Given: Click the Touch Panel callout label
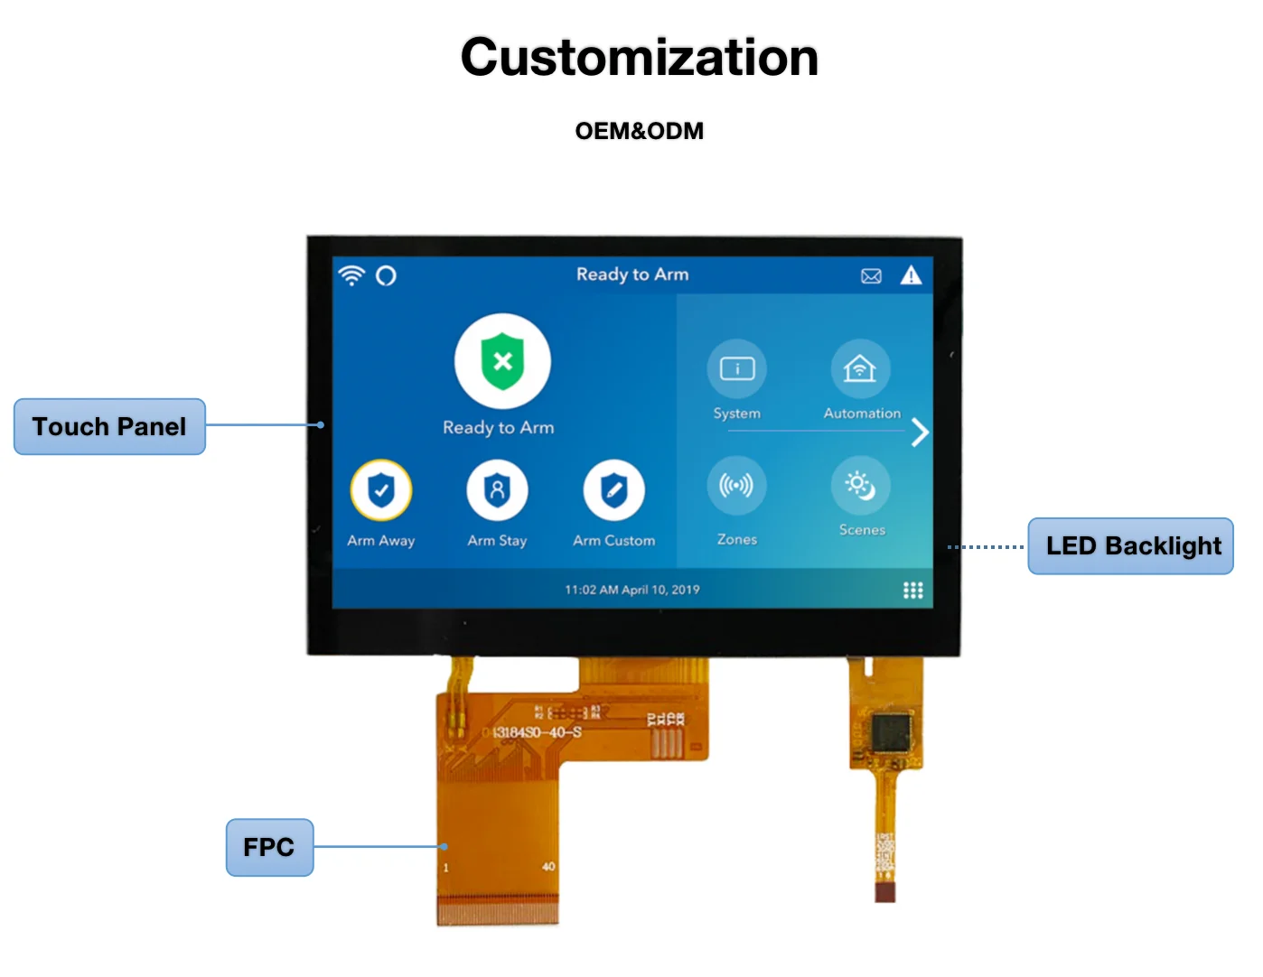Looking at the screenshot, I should [x=109, y=426].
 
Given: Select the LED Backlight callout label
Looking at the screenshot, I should [x=1131, y=546].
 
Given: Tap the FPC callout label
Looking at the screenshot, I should [x=269, y=847].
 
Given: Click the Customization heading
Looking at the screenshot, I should [x=639, y=58].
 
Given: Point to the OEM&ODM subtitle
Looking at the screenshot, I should [x=639, y=131].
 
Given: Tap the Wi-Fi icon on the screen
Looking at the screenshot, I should [x=351, y=275].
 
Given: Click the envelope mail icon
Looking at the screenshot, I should [x=871, y=276].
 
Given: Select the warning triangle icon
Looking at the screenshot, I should [x=911, y=275].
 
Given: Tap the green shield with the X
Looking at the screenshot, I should [x=502, y=361].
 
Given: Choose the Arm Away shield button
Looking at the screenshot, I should [x=381, y=490].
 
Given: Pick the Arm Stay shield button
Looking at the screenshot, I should [x=497, y=490].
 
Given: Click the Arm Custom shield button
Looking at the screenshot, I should [x=613, y=490].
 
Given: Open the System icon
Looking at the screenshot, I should [x=737, y=368].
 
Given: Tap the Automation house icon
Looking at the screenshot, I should [x=860, y=368].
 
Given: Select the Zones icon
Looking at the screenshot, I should [x=736, y=486].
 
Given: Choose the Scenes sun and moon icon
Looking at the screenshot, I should [x=860, y=486].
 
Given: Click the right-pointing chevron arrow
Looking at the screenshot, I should [x=920, y=433].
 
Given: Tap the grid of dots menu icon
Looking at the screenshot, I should [x=913, y=590].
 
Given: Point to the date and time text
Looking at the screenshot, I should [x=632, y=590].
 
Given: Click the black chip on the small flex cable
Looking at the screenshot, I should [x=893, y=731].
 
